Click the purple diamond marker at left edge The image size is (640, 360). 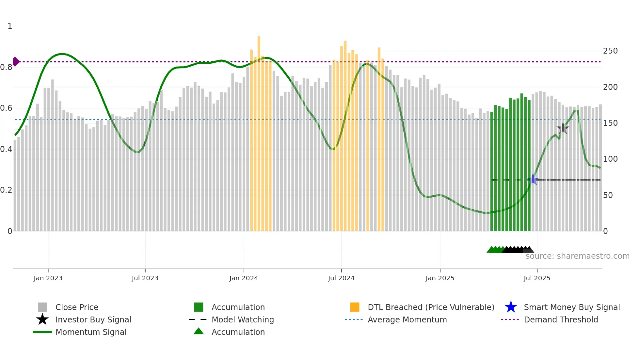click(16, 61)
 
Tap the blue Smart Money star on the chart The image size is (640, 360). click(533, 179)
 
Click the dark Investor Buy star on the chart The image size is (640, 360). click(563, 128)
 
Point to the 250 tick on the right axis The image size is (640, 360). click(610, 51)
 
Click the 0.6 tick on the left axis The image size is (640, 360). click(6, 108)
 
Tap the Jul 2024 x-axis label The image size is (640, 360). click(341, 278)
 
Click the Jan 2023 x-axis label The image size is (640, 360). click(48, 278)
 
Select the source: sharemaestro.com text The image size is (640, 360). click(577, 256)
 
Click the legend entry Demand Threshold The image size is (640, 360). click(561, 319)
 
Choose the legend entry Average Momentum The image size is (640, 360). click(407, 319)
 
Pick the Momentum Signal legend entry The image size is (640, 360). click(91, 332)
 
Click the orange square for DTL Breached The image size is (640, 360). click(354, 307)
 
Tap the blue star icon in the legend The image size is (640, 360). click(511, 307)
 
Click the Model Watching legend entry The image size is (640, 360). click(242, 319)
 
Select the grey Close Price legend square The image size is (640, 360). click(42, 307)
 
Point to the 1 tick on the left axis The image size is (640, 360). click(10, 26)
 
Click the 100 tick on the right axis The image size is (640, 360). click(610, 159)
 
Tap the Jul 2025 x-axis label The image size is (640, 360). click(536, 278)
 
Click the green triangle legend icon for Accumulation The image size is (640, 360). click(199, 332)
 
